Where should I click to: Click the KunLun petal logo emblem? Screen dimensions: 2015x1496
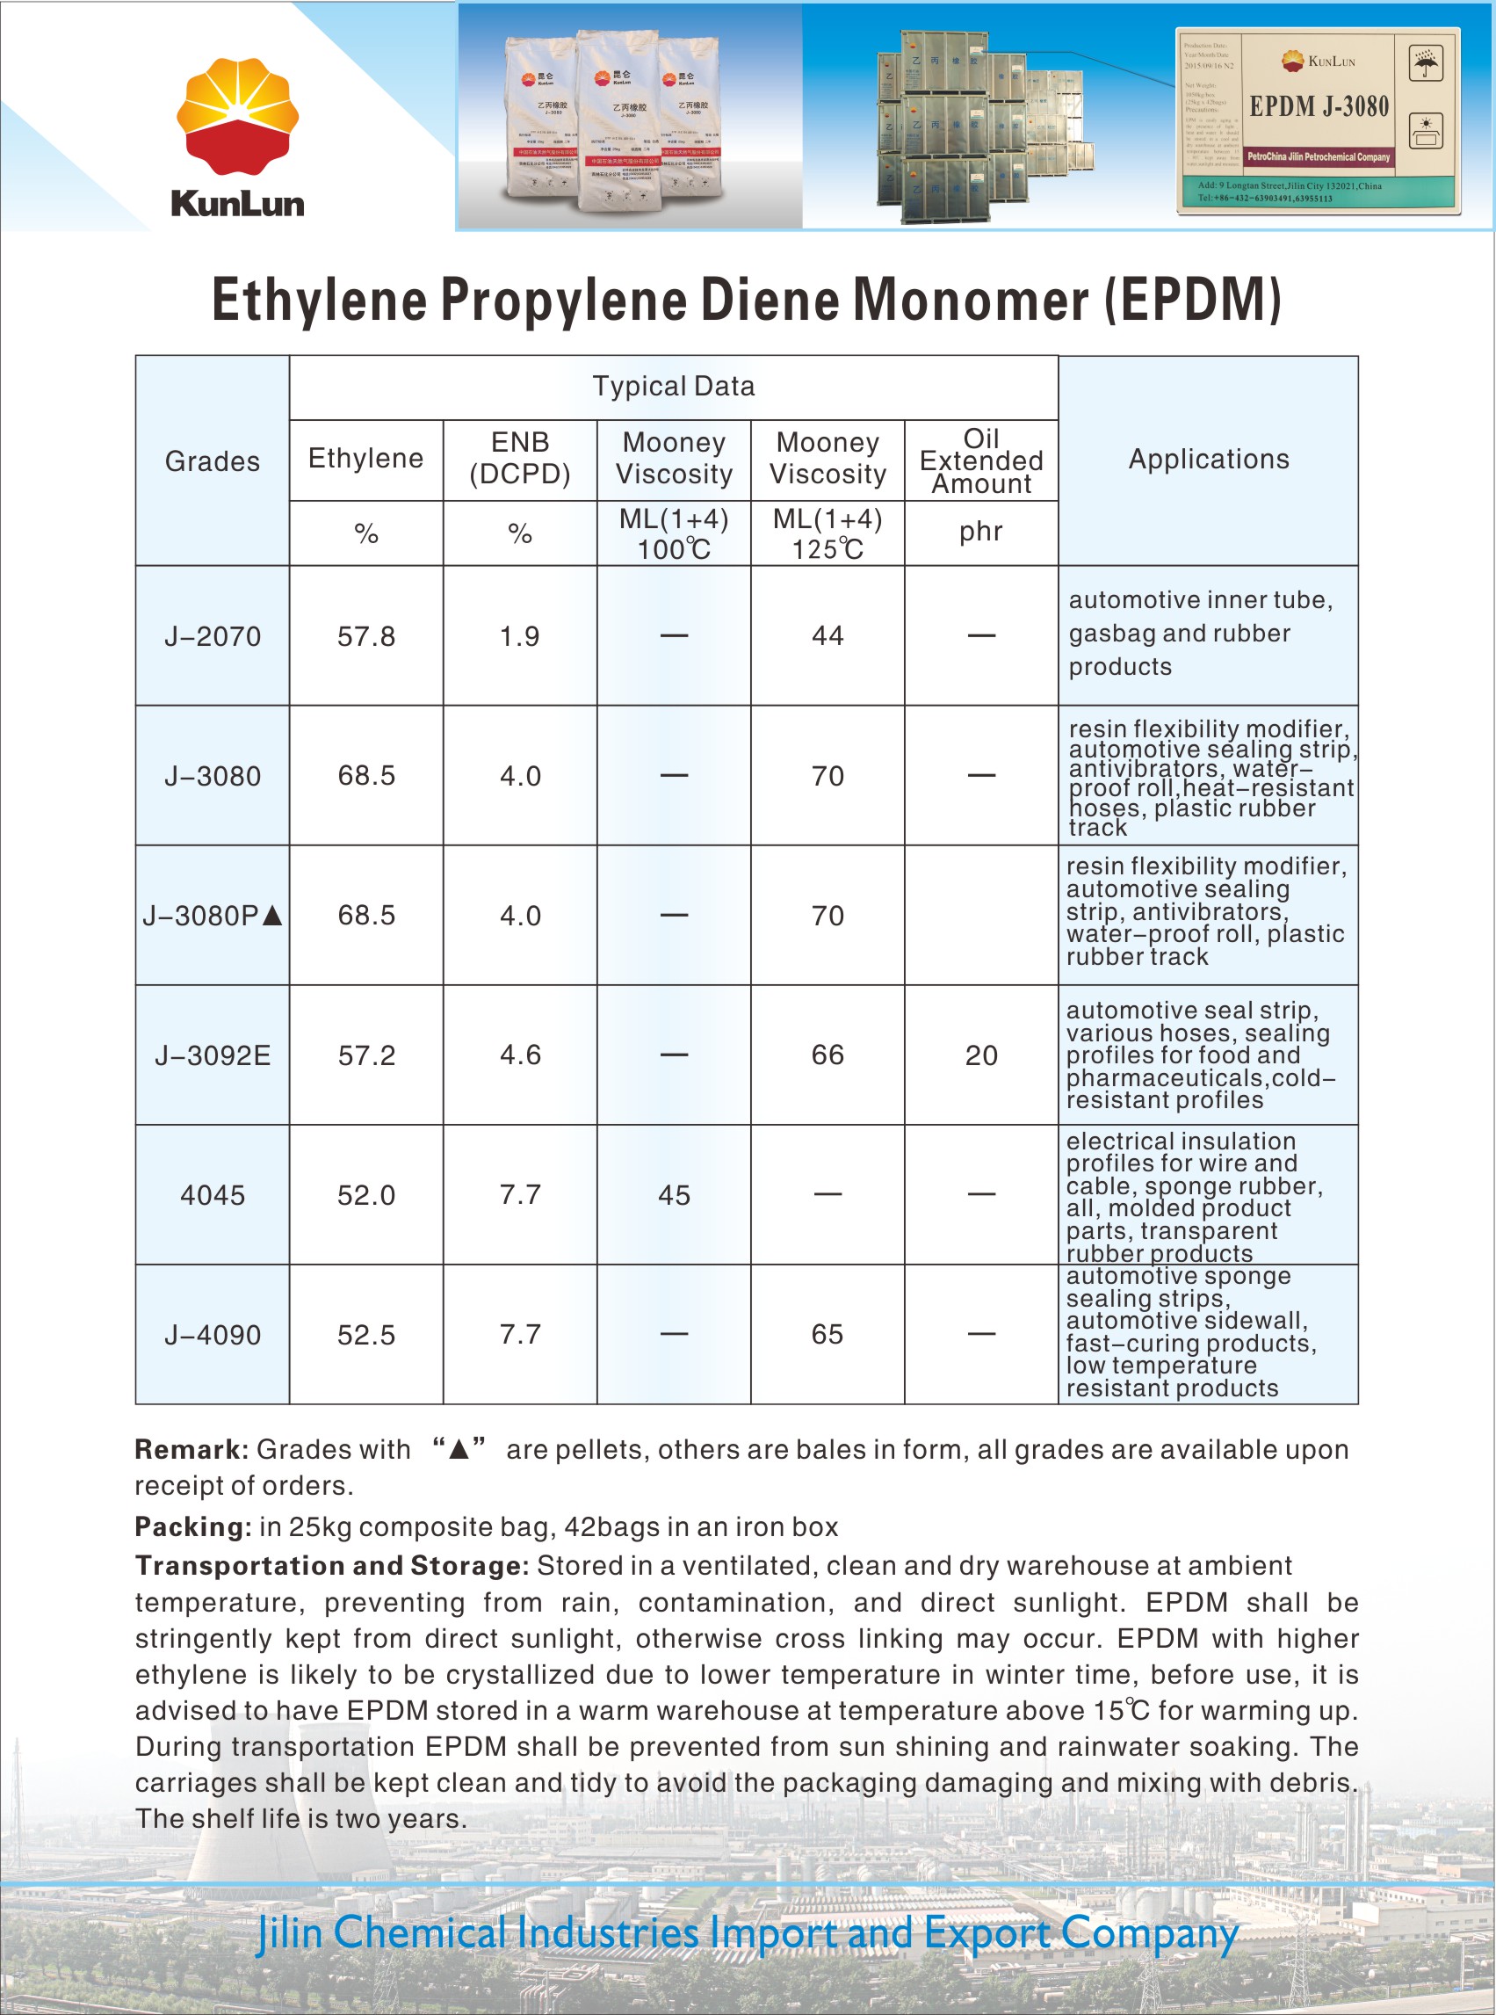click(237, 116)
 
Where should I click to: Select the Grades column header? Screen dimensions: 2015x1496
click(212, 461)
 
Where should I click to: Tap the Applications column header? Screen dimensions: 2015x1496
click(1208, 459)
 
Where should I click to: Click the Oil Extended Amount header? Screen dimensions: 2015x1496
click(980, 460)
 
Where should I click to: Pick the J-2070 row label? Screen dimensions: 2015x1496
click(212, 636)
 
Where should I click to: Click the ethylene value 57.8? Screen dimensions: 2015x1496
click(365, 636)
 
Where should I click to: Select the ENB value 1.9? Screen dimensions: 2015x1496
click(520, 636)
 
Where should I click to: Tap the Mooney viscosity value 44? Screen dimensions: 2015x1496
click(827, 635)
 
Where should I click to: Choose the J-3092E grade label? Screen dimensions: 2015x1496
click(212, 1056)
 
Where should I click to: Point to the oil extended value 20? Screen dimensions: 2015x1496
click(980, 1056)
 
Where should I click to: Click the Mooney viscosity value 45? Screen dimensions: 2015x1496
click(674, 1195)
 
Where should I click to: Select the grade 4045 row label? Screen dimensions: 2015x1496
click(212, 1195)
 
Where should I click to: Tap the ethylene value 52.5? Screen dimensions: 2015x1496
click(365, 1335)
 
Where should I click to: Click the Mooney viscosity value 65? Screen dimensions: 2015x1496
click(827, 1334)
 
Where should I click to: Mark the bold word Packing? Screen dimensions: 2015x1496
click(192, 1527)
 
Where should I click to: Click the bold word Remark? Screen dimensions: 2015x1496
click(190, 1449)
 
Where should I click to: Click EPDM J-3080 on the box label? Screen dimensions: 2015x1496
click(1319, 107)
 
